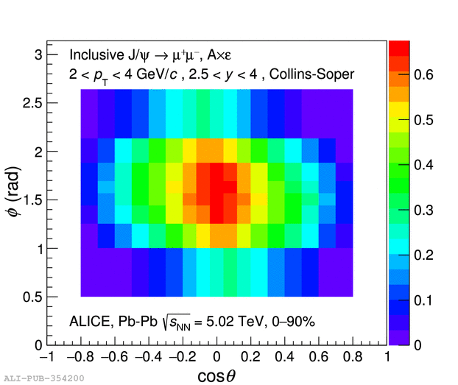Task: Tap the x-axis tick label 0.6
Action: (x=318, y=357)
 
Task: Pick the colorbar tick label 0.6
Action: (x=423, y=74)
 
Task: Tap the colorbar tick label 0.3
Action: (x=423, y=210)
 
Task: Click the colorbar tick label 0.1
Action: (x=423, y=300)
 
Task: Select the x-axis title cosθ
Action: (x=216, y=376)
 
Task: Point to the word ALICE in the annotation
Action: (x=88, y=321)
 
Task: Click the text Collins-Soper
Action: (x=317, y=74)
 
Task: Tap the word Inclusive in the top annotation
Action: (x=96, y=54)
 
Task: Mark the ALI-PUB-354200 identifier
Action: (x=43, y=378)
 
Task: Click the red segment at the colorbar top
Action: (x=399, y=46)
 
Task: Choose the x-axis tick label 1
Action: (x=387, y=357)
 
